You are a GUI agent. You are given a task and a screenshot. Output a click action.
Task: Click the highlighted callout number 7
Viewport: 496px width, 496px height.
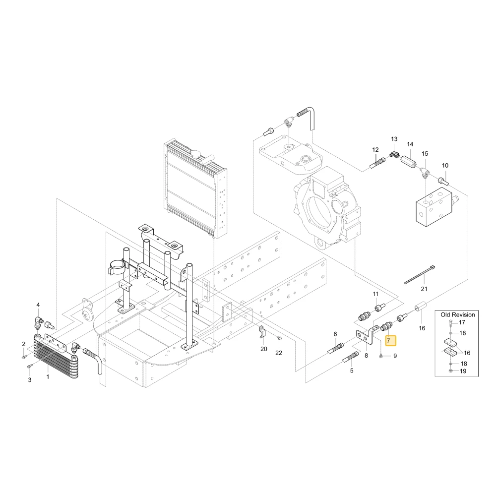(388, 341)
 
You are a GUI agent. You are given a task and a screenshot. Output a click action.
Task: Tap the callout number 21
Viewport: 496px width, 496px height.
(424, 289)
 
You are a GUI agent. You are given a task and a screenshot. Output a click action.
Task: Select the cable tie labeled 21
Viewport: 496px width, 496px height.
(420, 274)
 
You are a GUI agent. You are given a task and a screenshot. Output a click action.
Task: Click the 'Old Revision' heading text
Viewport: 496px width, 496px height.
(458, 315)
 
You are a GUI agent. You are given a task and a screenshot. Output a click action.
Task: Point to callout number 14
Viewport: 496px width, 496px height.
(410, 144)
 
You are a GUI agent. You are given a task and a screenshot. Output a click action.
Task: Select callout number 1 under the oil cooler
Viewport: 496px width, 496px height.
(48, 377)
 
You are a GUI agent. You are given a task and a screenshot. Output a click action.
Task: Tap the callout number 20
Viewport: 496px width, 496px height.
(264, 349)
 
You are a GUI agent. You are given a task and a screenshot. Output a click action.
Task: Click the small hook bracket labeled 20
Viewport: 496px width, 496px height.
(262, 331)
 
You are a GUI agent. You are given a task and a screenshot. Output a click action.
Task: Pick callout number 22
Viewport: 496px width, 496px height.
(278, 353)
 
